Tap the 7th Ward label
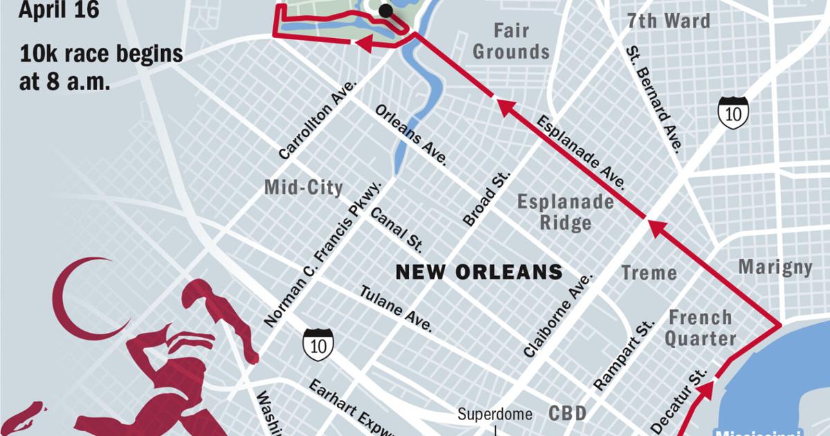pos(668,21)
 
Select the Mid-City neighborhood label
pos(304,188)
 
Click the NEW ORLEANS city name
pos(479,272)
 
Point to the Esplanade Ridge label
pos(565,212)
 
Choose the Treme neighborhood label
pos(649,273)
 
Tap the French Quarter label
pos(701,328)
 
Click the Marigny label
pos(775,267)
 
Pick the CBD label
pos(568,413)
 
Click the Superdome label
pos(495,415)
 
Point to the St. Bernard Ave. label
pos(654,98)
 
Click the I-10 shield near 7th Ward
pos(732,112)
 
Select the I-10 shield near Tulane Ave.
pos(318,344)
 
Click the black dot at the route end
pos(385,10)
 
